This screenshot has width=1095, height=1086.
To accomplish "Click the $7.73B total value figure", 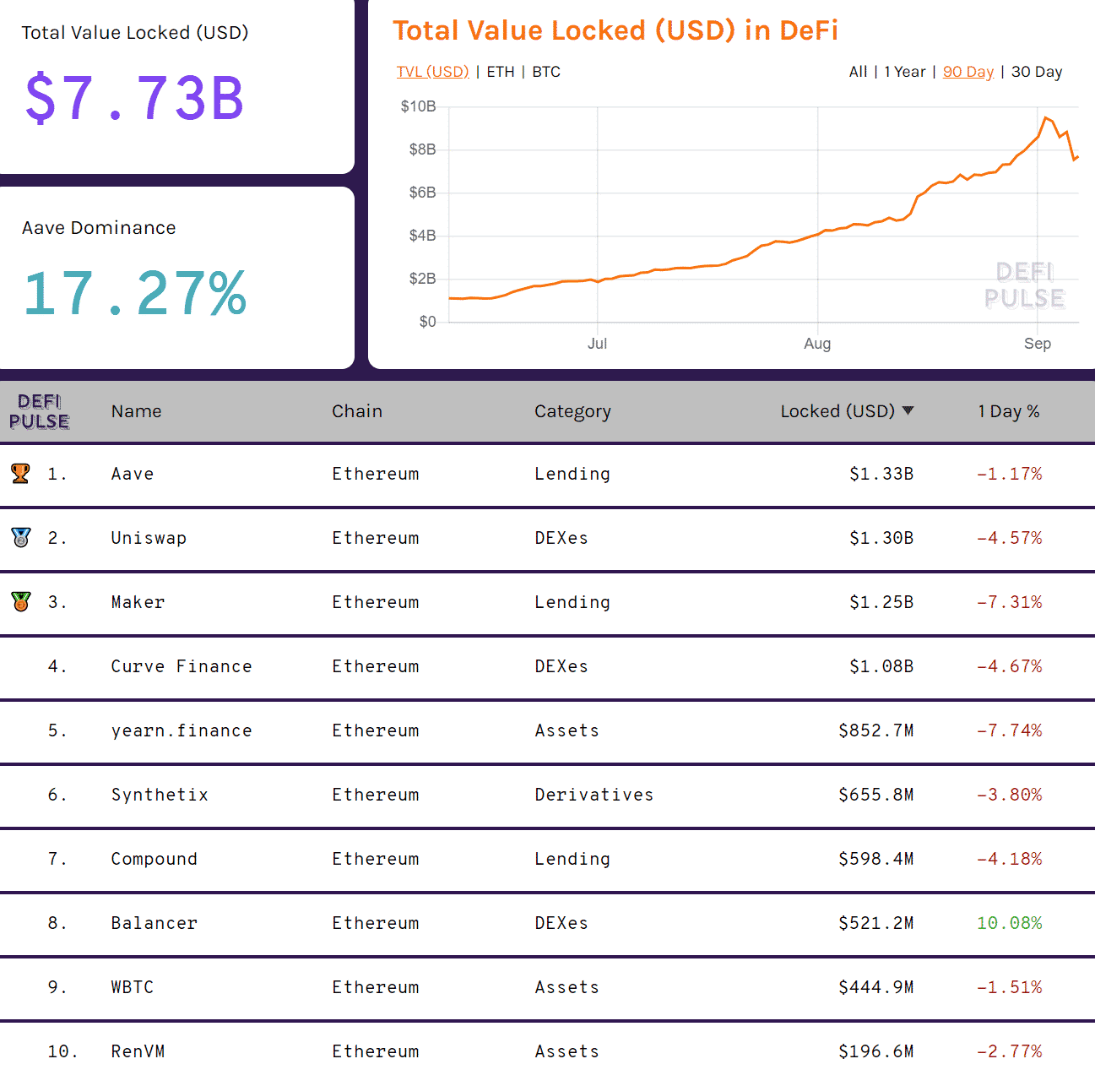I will coord(135,98).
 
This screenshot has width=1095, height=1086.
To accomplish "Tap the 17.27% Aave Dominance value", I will coord(135,293).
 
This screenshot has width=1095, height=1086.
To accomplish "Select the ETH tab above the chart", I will coord(501,72).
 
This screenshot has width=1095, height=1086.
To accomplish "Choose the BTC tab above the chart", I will coord(546,72).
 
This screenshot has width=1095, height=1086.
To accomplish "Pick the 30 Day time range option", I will coord(1037,72).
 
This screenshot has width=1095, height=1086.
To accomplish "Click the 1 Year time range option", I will coord(905,72).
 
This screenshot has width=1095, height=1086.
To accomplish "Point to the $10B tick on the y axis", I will coord(418,106).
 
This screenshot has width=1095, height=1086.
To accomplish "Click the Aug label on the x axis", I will coord(817,344).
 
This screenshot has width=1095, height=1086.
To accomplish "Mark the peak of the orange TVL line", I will coord(1046,118).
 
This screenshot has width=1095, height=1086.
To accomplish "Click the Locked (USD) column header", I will coord(837,411).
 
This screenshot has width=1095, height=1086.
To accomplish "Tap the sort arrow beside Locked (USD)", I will coord(908,410).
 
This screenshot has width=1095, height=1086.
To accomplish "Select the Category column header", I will coord(572,411).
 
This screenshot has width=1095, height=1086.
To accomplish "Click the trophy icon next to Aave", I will coord(21,474).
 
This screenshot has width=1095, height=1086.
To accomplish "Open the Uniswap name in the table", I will coord(149,538).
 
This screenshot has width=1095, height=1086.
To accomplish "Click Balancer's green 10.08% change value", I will coord(1009,923).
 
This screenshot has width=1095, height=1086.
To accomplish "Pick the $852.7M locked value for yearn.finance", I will coord(875,730).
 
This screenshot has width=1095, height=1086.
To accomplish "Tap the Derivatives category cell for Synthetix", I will coord(594,795).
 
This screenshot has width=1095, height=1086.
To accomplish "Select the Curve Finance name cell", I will coord(182,666).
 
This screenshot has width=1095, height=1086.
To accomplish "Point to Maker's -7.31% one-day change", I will coord(1009,602).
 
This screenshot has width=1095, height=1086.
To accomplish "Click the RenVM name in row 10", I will coord(138,1051).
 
